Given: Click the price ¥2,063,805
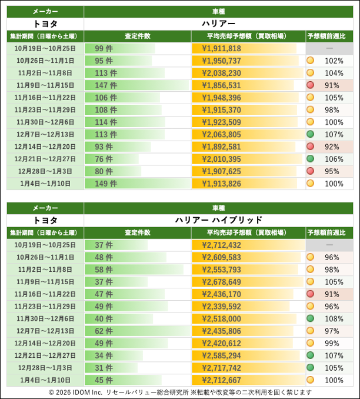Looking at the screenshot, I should (221, 134).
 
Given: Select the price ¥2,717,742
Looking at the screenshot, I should (221, 367).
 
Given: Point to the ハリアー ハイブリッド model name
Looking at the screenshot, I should (219, 220).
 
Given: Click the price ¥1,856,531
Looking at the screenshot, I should (221, 85).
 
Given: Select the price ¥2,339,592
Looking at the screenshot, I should (221, 306).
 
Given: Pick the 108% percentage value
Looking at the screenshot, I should (334, 318).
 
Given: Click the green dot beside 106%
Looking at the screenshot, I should (310, 159).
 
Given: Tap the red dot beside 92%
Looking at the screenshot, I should (310, 147).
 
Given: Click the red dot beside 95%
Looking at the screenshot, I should (310, 171).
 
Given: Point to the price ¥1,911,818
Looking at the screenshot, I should (221, 49).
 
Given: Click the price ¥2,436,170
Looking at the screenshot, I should (221, 294).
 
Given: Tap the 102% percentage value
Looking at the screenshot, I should (334, 61).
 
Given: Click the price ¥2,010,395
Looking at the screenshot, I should (221, 159).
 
